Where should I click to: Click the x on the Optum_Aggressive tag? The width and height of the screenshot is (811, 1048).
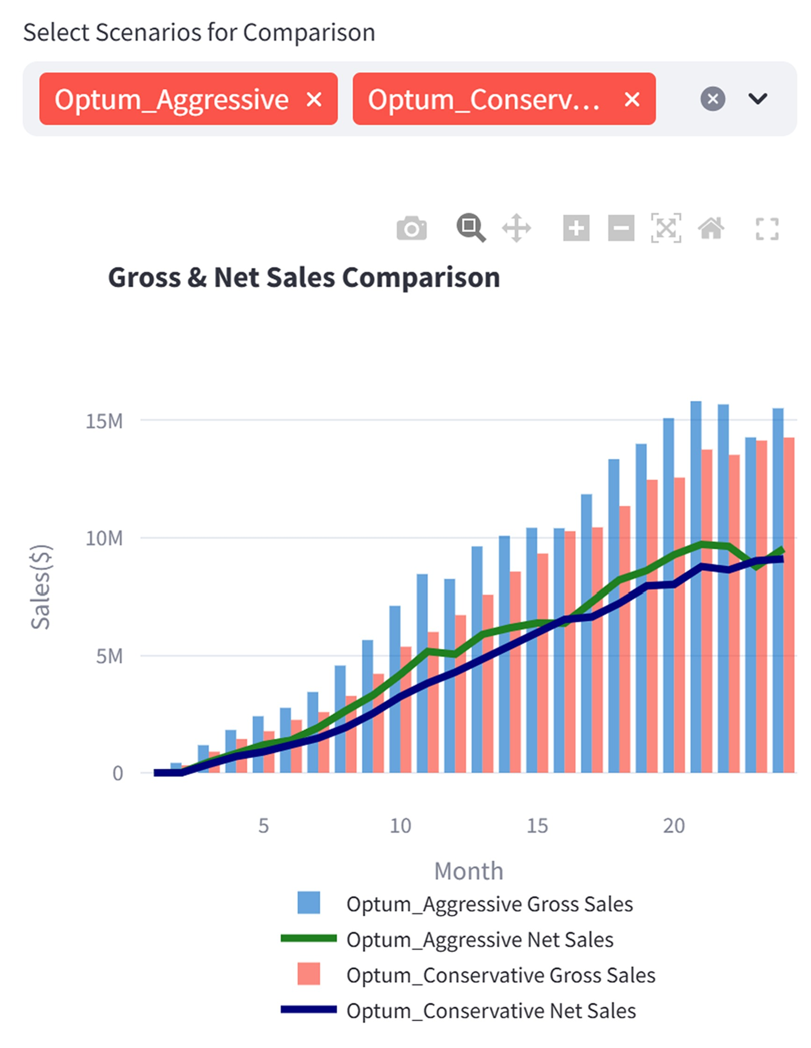[314, 99]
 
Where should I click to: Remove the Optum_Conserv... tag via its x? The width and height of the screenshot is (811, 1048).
[632, 99]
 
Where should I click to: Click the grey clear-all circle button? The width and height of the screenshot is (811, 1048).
[712, 99]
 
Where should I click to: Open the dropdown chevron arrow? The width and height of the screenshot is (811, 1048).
[757, 99]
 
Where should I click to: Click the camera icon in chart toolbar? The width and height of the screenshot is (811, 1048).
[412, 228]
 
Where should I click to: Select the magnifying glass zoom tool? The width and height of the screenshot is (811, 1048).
[470, 228]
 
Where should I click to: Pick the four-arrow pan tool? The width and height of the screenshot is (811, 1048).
[517, 228]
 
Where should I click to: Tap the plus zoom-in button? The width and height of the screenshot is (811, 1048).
[576, 228]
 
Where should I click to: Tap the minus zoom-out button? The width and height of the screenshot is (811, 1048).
[621, 228]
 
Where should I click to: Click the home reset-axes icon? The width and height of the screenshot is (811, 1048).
[711, 228]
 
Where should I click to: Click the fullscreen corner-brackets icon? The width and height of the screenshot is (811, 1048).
[766, 229]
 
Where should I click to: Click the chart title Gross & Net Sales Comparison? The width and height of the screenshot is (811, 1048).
[303, 277]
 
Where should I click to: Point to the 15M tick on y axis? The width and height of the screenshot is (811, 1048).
[104, 421]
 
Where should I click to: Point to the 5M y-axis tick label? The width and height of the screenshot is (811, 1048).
[109, 656]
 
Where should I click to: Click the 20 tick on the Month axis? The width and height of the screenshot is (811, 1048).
[673, 826]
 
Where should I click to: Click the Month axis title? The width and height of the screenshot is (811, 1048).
[468, 871]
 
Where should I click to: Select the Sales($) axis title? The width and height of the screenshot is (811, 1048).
[40, 586]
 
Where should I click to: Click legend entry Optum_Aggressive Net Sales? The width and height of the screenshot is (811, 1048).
[479, 940]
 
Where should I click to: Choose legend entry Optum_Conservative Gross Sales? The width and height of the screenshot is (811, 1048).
[500, 975]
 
